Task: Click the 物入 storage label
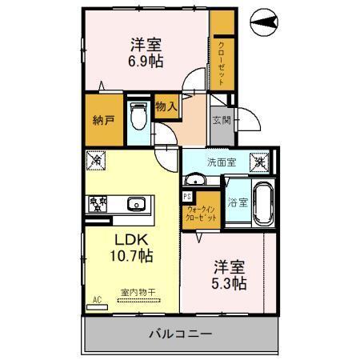pyautogui.click(x=166, y=105)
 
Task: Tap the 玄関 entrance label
pyautogui.click(x=221, y=122)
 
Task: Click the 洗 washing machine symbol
pyautogui.click(x=260, y=161)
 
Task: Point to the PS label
pyautogui.click(x=187, y=196)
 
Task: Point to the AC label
pyautogui.click(x=98, y=299)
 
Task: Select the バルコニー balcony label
pyautogui.click(x=178, y=333)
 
